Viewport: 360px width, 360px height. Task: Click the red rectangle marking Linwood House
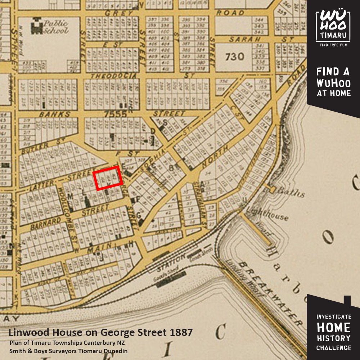pyautogui.click(x=108, y=177)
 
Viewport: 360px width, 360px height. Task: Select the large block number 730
pyautogui.click(x=235, y=57)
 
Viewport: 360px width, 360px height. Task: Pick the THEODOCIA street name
pyautogui.click(x=113, y=76)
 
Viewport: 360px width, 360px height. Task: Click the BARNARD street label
pyautogui.click(x=45, y=223)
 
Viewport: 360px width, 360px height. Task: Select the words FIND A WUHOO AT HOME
pyautogui.click(x=333, y=82)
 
